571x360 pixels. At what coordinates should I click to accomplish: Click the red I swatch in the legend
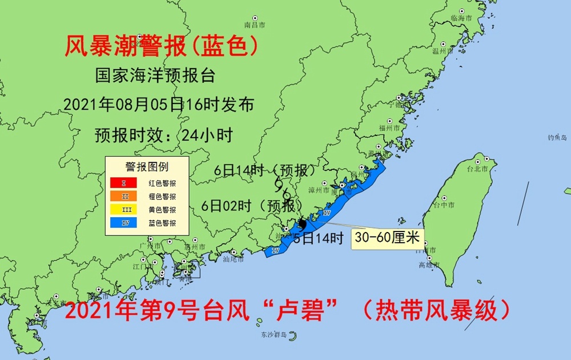(124, 183)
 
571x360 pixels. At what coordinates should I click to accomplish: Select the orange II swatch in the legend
(124, 197)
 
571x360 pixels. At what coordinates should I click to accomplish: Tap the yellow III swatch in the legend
(124, 210)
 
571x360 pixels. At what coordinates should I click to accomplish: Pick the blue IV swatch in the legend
(124, 223)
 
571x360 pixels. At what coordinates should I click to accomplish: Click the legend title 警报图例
(146, 167)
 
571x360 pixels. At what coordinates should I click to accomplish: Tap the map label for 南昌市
(255, 25)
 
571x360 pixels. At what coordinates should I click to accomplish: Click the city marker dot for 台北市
(486, 162)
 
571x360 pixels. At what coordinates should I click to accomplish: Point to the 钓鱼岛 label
(557, 138)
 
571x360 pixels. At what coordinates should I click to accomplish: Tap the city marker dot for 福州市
(390, 121)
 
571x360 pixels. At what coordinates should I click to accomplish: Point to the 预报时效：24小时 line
(163, 135)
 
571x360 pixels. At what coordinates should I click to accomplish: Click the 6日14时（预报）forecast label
(264, 170)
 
